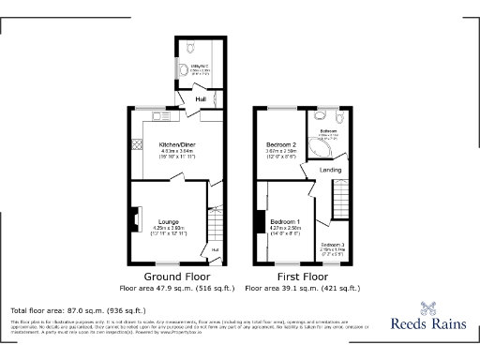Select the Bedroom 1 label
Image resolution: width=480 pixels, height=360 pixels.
[x=285, y=220]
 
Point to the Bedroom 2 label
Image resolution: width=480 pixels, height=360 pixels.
[x=282, y=144]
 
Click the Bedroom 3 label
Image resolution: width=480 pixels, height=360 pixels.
[x=333, y=244]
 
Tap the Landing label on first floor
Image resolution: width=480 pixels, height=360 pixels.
[x=330, y=170]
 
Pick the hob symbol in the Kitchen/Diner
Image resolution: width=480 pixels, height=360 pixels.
[x=137, y=145]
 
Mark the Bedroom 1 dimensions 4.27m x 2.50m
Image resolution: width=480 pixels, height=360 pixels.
[x=285, y=228]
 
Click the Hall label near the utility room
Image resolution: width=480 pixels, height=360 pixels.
[x=200, y=98]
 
